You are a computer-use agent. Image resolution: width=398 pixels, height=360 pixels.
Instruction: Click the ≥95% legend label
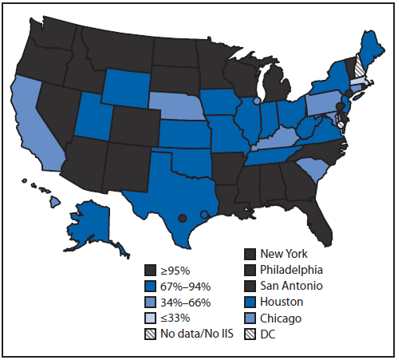point(174,268)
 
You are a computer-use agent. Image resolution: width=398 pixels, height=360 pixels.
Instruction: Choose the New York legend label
point(285,254)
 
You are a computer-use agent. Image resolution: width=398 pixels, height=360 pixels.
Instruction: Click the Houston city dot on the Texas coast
point(205,213)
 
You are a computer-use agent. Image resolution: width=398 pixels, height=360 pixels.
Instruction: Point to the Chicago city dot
point(256,101)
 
